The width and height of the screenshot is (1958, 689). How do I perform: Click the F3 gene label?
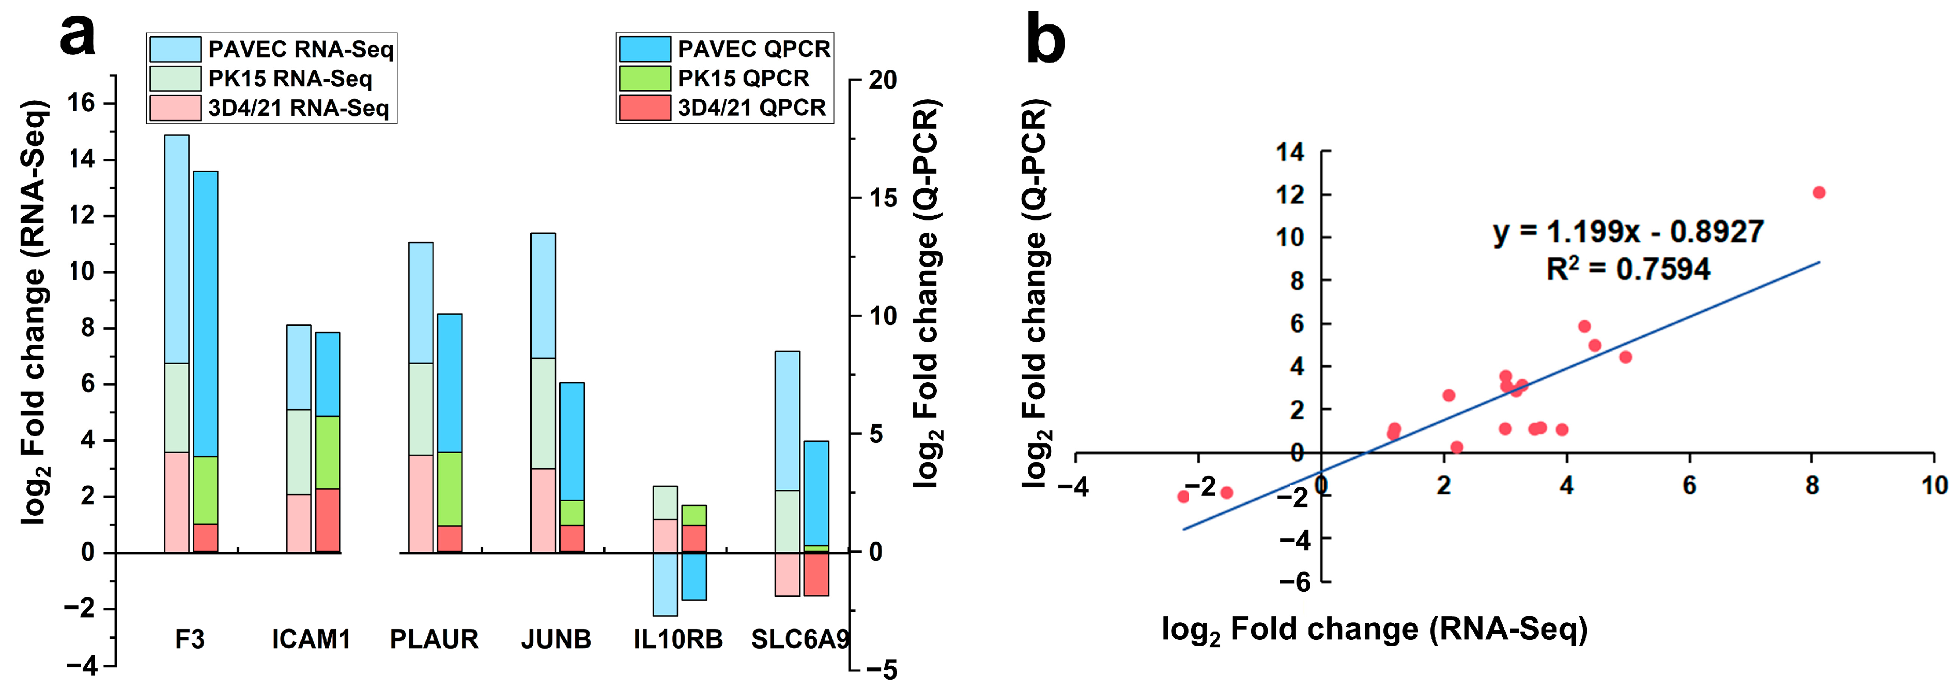coord(189,639)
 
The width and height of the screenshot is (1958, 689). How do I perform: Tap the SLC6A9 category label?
coord(799,639)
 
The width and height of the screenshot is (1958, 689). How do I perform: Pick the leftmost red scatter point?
coord(1183,497)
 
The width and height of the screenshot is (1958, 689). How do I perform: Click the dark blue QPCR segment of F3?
coord(205,312)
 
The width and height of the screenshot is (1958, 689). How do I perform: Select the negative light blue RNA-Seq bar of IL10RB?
coord(665,584)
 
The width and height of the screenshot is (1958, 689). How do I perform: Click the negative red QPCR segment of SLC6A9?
coord(816,574)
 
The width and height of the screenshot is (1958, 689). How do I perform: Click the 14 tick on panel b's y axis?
coord(1290,152)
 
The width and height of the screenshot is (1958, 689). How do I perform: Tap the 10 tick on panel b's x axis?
coord(1934,485)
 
